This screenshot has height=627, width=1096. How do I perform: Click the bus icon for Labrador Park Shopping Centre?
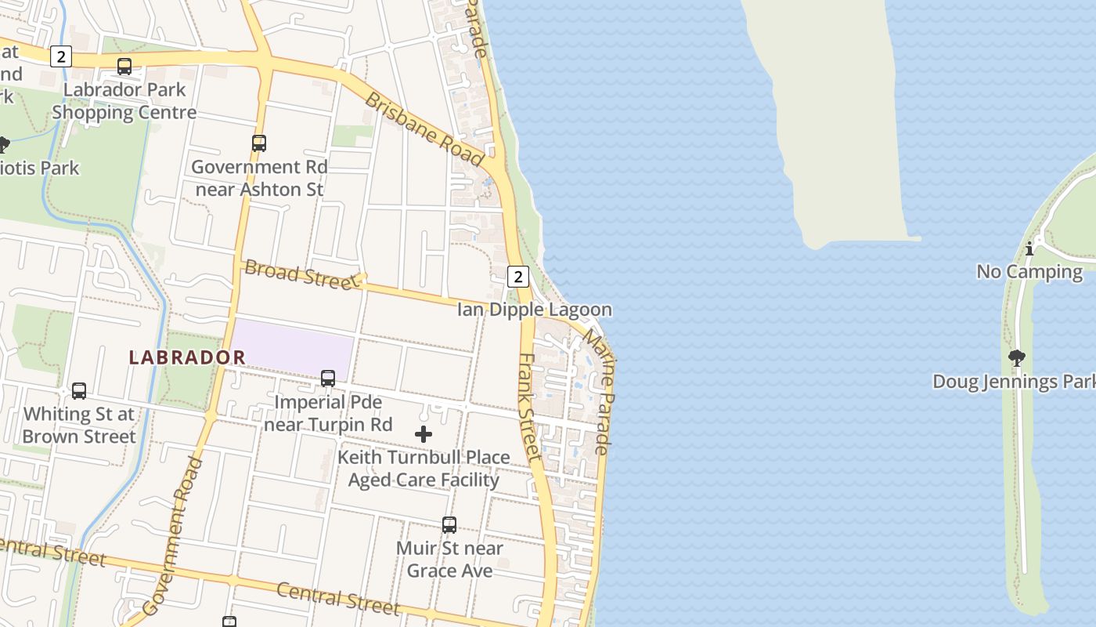click(x=124, y=67)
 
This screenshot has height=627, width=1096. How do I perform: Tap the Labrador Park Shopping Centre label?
click(x=124, y=101)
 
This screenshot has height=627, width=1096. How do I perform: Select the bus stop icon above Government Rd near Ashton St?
click(x=259, y=143)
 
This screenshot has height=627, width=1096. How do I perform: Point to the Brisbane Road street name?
click(x=424, y=129)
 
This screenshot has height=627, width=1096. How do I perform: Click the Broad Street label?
click(x=299, y=274)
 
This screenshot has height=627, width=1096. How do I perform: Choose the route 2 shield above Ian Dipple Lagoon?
click(x=517, y=276)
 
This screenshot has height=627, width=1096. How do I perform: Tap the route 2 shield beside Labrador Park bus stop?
click(x=60, y=56)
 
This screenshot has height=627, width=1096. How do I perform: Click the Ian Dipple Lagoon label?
click(x=534, y=310)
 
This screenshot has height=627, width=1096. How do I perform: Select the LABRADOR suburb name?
click(x=187, y=357)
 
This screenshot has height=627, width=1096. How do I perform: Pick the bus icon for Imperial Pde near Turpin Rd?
click(x=328, y=379)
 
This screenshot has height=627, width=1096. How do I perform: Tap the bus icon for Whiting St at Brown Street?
click(x=79, y=391)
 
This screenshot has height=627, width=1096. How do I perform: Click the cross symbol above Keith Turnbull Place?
click(x=424, y=434)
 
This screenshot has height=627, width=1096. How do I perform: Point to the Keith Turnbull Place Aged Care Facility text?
click(x=424, y=469)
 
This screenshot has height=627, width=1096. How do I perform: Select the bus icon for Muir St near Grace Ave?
click(x=449, y=525)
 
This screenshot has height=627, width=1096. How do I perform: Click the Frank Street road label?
click(x=530, y=406)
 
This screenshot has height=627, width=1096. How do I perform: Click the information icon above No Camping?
click(x=1029, y=249)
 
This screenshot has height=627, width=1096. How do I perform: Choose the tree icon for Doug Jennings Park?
click(x=1017, y=359)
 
